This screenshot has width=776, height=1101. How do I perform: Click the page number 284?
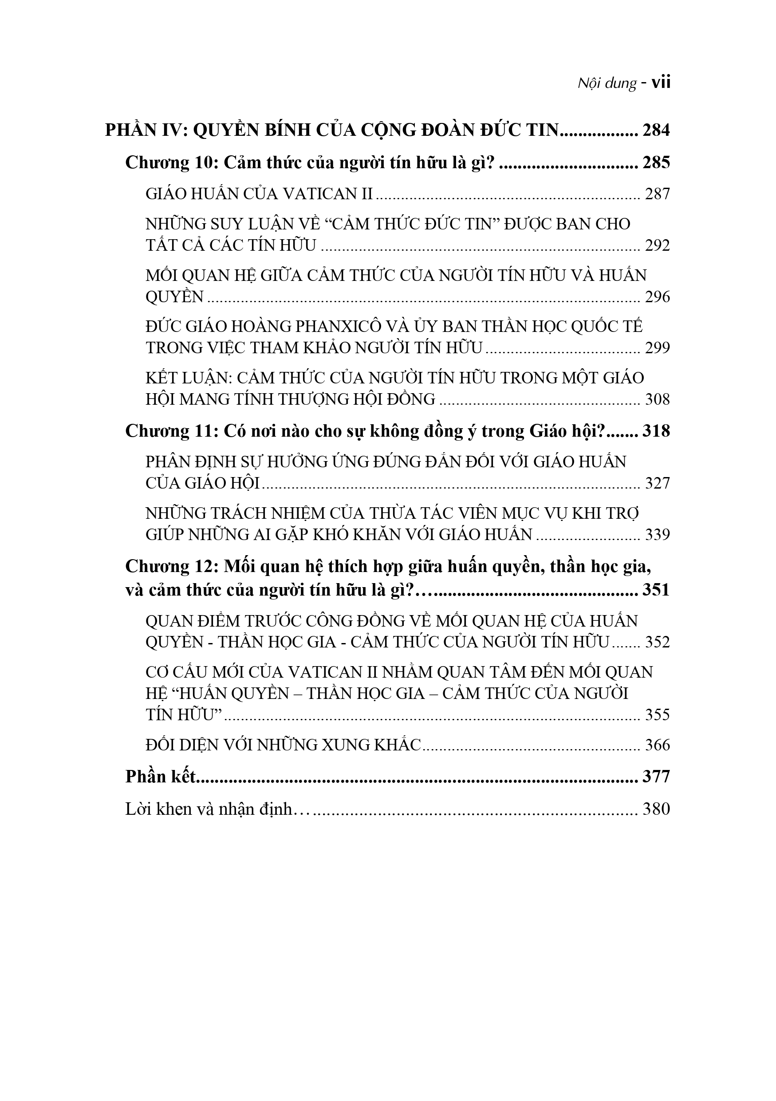[x=656, y=130]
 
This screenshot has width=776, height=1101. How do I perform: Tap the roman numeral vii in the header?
[x=662, y=83]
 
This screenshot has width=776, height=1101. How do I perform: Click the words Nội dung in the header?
[x=607, y=84]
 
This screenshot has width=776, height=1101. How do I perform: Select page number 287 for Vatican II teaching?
[x=657, y=194]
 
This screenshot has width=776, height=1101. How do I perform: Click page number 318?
[x=656, y=432]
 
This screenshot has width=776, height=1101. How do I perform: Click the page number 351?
[x=656, y=589]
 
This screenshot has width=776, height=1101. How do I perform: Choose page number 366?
[x=657, y=745]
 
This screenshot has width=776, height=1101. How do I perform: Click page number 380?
[x=656, y=809]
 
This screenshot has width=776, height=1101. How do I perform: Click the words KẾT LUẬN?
[x=189, y=379]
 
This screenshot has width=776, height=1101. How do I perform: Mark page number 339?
[x=657, y=534]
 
